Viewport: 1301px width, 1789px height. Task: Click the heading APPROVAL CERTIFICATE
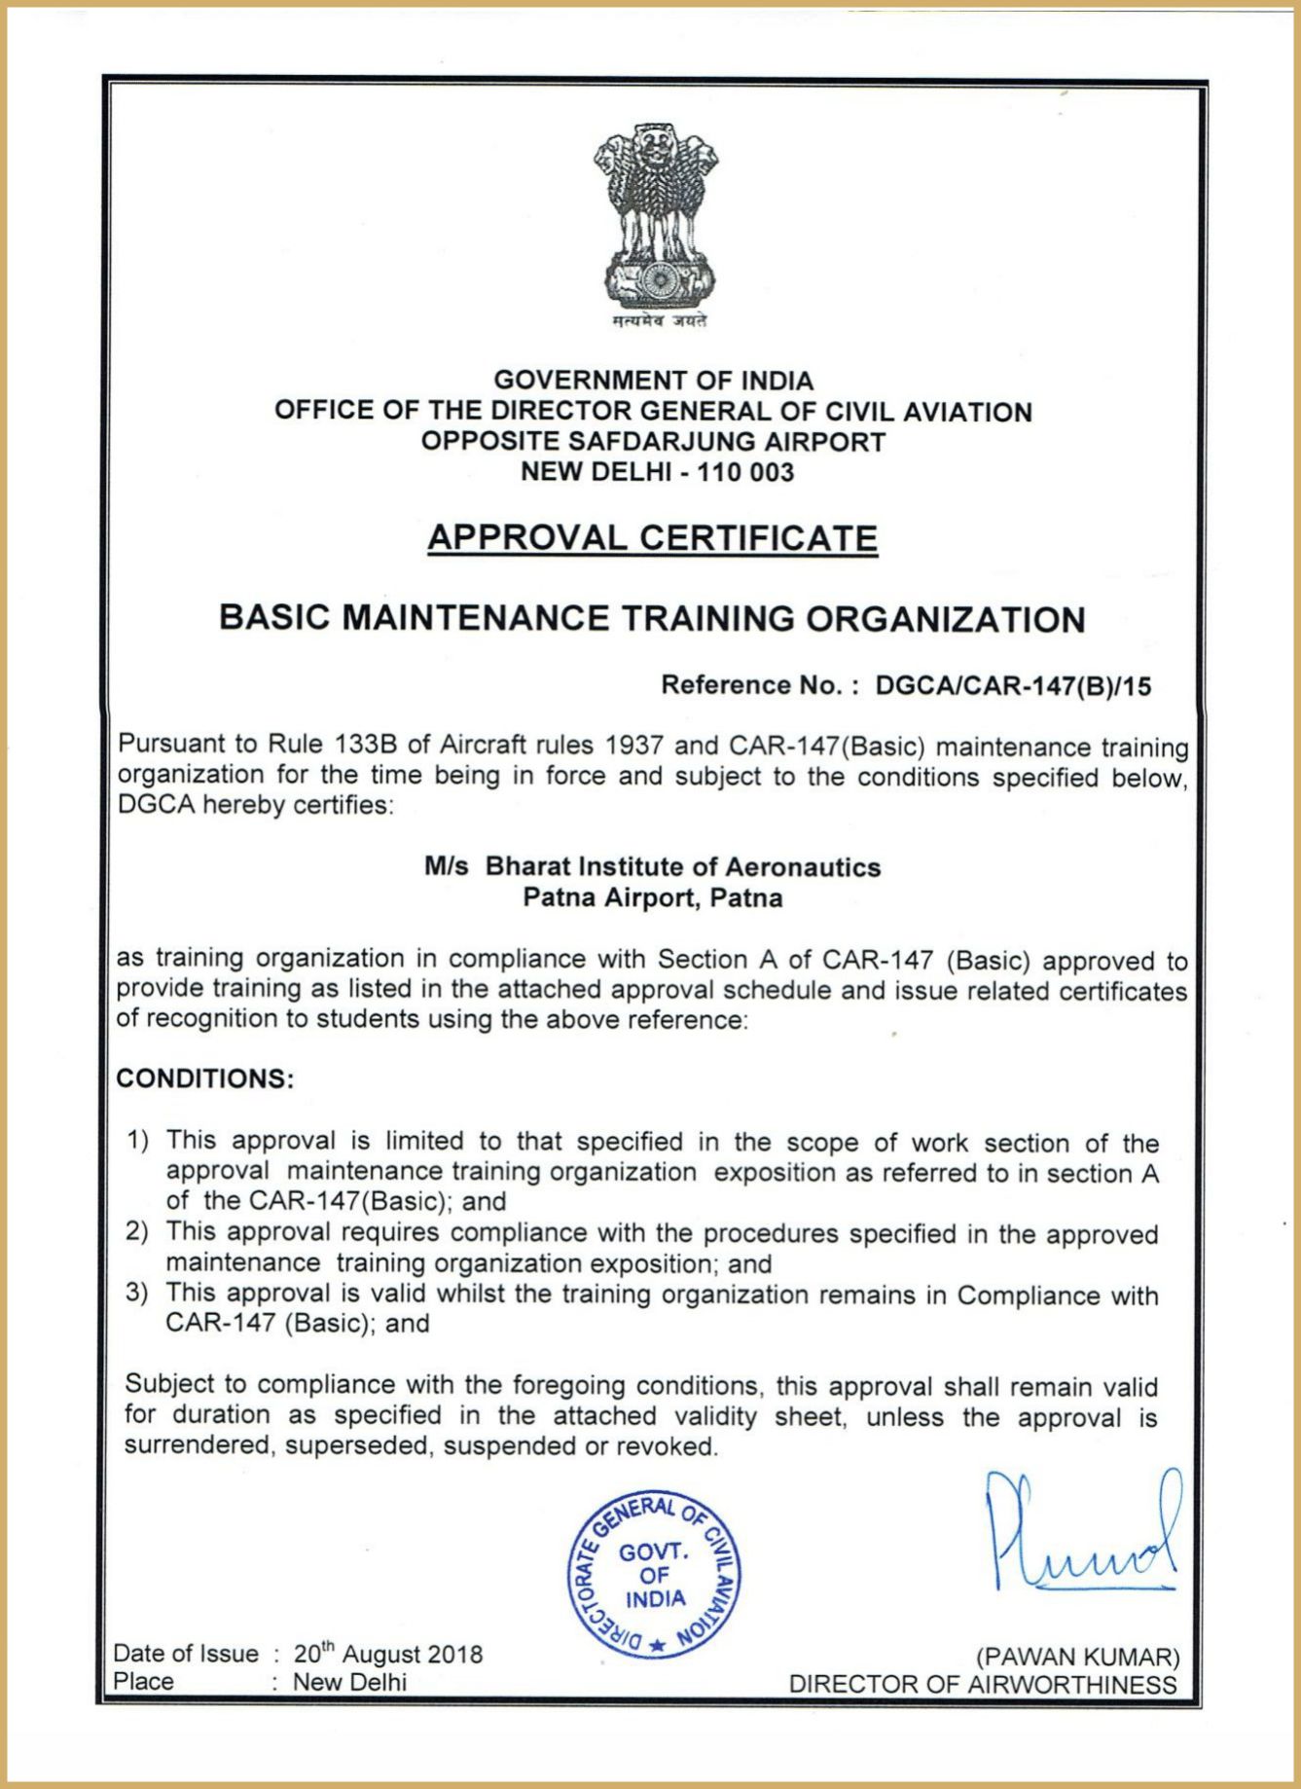(652, 538)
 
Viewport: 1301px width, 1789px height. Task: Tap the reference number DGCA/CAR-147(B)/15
(1013, 686)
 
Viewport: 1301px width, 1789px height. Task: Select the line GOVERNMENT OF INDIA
(653, 381)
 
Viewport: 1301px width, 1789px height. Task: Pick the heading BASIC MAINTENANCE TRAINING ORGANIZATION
(652, 619)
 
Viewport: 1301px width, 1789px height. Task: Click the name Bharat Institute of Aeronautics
(682, 867)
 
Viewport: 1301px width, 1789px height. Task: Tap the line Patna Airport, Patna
(652, 897)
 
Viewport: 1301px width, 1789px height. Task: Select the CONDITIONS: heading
(204, 1079)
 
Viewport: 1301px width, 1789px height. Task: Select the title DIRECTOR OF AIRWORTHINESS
(983, 1685)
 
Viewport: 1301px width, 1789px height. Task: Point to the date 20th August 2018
(388, 1655)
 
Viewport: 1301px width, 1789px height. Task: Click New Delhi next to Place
(349, 1682)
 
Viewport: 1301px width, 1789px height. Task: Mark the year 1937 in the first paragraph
(634, 747)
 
